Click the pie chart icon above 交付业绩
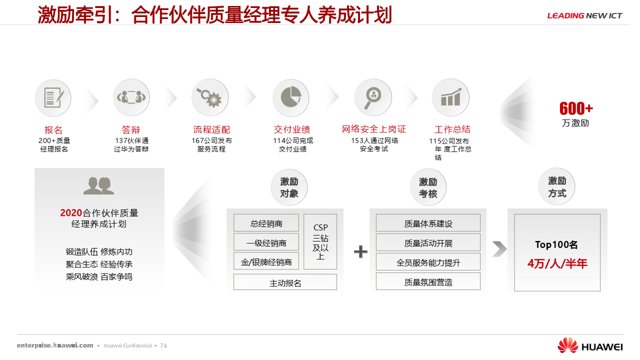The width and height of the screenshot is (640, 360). point(290,97)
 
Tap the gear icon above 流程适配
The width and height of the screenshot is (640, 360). point(210,97)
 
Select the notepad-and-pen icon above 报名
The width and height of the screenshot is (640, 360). point(53,98)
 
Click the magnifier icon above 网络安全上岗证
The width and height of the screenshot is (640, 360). point(372,97)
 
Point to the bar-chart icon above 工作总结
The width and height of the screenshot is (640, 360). point(450,97)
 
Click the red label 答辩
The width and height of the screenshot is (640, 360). point(131,130)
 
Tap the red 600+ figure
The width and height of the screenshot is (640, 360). point(576,108)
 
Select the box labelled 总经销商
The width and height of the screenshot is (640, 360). point(266,223)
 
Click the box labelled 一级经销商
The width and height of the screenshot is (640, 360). point(266,242)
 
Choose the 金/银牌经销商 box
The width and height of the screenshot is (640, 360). point(266,261)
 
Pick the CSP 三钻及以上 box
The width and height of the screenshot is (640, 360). point(320,241)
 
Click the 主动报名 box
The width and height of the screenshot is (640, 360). point(285,282)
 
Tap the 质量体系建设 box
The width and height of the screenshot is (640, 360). point(428,223)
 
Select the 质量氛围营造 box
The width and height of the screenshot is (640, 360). point(428,282)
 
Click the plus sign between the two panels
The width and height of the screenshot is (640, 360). point(360,251)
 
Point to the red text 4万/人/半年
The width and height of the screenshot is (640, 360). point(557,263)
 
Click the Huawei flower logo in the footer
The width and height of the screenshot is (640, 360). point(567,345)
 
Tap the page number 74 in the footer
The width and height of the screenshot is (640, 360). point(163,345)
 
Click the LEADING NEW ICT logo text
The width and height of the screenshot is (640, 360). point(584,15)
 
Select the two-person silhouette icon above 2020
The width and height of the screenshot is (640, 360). point(98,186)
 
